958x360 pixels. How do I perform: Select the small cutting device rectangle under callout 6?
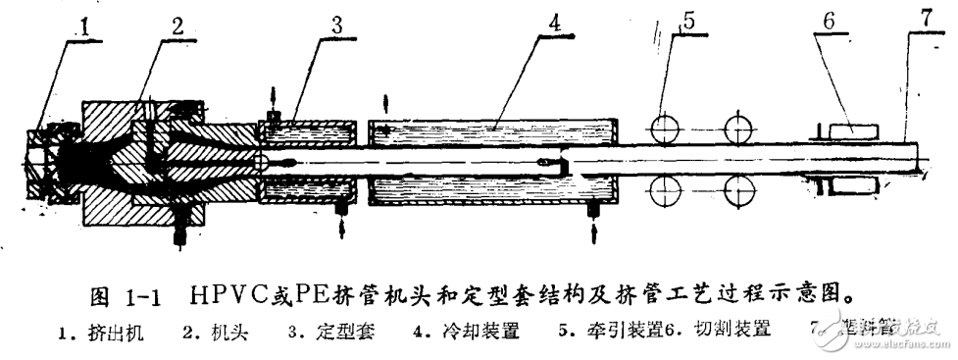pos(845,128)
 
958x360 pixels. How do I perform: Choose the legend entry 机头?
pos(227,333)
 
